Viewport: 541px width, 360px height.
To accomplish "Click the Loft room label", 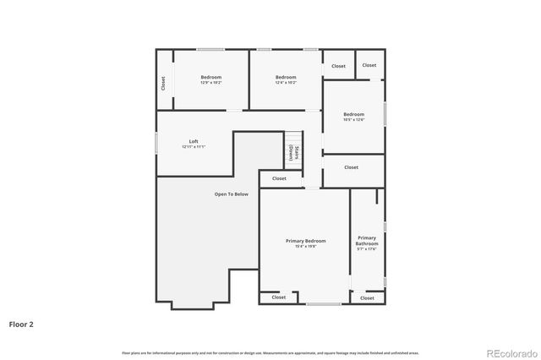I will tap(194, 141).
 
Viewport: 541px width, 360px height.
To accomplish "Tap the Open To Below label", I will tap(231, 194).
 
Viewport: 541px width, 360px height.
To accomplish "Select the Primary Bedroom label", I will tap(305, 241).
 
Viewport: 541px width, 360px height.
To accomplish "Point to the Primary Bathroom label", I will tap(367, 241).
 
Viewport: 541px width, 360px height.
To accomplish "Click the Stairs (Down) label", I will tap(293, 152).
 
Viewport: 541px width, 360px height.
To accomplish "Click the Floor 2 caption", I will tap(21, 323).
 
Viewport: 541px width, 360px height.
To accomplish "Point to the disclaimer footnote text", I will tap(270, 352).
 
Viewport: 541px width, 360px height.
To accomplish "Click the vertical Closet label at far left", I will tap(164, 83).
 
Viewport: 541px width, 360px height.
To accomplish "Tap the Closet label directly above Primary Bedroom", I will tap(279, 178).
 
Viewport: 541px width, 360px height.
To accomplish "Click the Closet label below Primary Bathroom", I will tap(367, 297).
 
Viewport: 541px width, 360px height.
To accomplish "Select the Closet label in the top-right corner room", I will tap(369, 65).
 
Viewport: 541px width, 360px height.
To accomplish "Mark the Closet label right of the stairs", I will tap(351, 167).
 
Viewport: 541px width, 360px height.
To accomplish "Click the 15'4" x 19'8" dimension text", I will tap(305, 246).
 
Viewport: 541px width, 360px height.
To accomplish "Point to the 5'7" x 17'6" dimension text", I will tap(367, 249).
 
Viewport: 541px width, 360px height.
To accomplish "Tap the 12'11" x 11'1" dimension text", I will tap(194, 146).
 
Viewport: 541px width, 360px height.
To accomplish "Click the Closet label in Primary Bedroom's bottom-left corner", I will tap(279, 297).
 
